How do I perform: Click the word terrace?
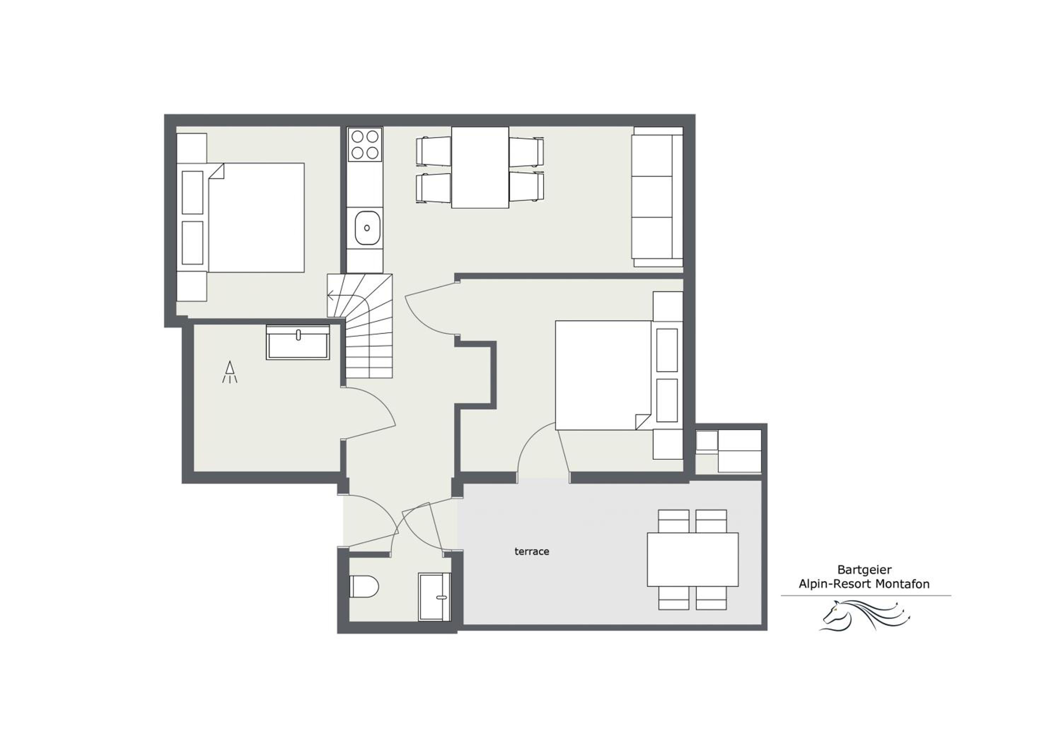point(531,552)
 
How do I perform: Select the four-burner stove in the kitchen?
point(365,144)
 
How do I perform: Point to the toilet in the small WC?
point(364,587)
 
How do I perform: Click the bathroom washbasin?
point(297,342)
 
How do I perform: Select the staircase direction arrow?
point(331,295)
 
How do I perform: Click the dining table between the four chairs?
point(480,167)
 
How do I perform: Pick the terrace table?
point(692,559)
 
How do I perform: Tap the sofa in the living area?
point(657,197)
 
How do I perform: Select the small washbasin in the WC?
point(434,597)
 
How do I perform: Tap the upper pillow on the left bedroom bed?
point(192,192)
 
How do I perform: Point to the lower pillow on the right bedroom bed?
point(667,400)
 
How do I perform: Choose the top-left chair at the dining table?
point(433,151)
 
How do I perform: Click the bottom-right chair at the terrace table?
point(711,598)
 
